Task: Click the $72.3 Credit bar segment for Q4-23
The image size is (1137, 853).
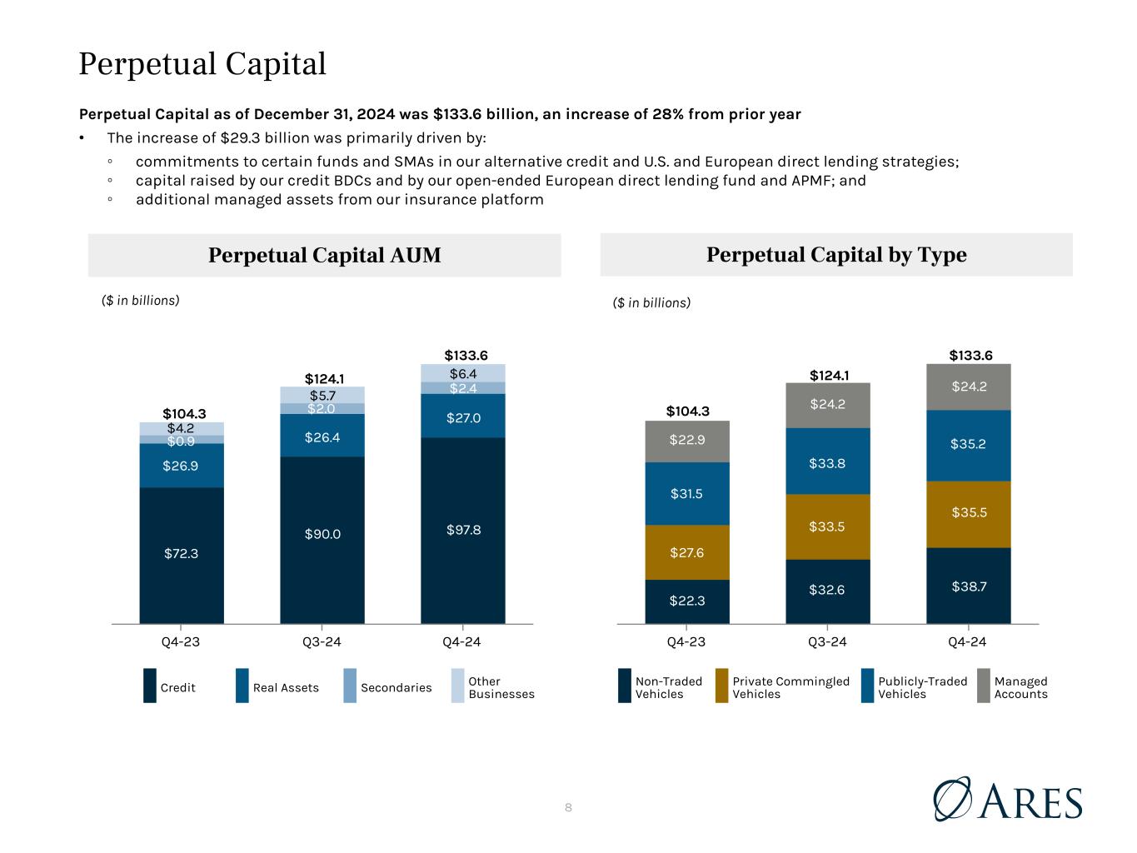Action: click(181, 554)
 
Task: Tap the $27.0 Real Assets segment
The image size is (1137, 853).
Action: click(462, 417)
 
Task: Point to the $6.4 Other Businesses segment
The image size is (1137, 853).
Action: click(462, 373)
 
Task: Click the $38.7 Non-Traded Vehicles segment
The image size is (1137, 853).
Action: click(968, 586)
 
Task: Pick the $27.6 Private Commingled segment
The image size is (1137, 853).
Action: click(686, 552)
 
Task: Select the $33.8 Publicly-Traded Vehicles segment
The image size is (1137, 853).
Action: click(827, 463)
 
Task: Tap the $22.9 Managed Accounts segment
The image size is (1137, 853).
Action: click(686, 440)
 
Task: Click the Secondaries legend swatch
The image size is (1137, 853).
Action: click(350, 686)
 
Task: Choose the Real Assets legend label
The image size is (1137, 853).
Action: click(286, 687)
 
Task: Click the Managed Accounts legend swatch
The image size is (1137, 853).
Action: click(984, 686)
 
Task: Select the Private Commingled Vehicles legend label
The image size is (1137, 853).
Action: click(790, 687)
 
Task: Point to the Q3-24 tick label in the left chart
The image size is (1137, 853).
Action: click(322, 642)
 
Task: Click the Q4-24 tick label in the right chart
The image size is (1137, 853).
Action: click(968, 642)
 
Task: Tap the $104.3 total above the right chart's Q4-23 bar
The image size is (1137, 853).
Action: click(687, 411)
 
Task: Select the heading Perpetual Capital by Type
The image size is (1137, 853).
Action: click(836, 255)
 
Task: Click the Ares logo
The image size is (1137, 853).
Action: click(1007, 800)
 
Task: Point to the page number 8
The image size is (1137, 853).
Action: click(568, 807)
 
